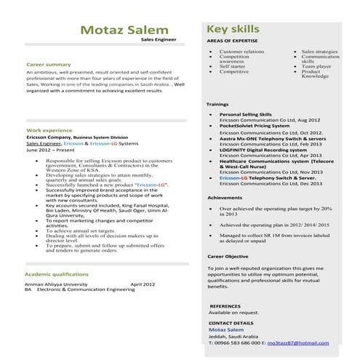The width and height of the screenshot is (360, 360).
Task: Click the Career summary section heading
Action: (49, 65)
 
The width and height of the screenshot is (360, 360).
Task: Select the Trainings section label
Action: (218, 105)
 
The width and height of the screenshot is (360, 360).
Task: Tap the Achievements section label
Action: (225, 198)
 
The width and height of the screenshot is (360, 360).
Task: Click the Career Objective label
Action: (228, 257)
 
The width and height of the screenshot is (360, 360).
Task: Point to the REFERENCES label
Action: (225, 307)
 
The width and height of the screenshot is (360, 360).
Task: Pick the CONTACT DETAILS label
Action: (231, 322)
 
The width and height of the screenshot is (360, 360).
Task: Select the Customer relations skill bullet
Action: (241, 52)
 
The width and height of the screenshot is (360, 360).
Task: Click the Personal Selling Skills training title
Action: (245, 114)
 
